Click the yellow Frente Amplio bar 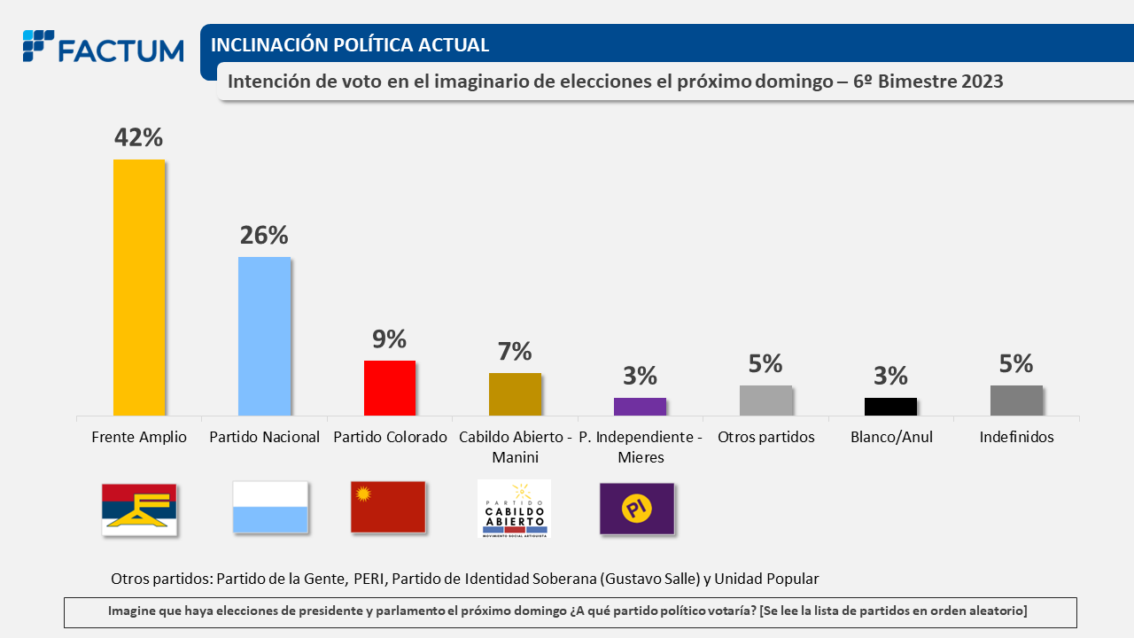(139, 287)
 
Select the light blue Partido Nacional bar (264, 336)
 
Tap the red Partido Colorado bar (390, 388)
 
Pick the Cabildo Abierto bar (515, 394)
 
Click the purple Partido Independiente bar (640, 407)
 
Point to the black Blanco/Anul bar (890, 407)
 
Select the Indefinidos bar (1016, 401)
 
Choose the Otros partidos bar (765, 401)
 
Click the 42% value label (138, 137)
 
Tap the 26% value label (264, 235)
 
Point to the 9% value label (389, 338)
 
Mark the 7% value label (515, 351)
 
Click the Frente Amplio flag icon (139, 510)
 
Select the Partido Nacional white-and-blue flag (270, 507)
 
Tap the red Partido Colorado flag (388, 507)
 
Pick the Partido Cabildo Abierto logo (514, 509)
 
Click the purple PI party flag (637, 509)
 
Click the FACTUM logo (103, 48)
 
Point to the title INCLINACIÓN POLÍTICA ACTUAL (350, 44)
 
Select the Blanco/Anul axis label (891, 437)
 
